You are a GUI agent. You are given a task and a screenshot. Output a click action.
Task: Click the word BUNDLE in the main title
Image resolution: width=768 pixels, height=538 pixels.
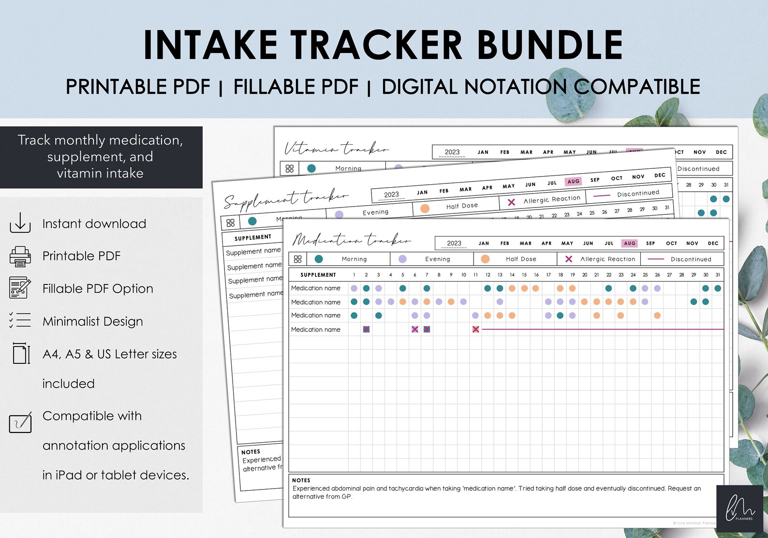(550, 45)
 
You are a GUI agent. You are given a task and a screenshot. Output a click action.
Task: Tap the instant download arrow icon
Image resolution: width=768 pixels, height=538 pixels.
(20, 223)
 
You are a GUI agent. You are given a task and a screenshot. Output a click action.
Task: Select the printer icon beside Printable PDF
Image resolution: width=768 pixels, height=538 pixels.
(20, 256)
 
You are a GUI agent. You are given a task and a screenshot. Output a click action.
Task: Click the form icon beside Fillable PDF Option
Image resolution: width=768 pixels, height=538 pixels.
(20, 288)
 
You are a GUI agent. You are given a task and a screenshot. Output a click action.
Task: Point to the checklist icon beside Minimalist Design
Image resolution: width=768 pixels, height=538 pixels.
(20, 320)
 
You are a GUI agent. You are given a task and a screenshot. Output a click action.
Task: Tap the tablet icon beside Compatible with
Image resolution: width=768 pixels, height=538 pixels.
(20, 422)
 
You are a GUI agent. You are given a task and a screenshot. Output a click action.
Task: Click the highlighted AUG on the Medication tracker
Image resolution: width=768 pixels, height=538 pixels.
(629, 243)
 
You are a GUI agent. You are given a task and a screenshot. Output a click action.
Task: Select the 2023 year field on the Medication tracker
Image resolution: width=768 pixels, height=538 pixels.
(454, 243)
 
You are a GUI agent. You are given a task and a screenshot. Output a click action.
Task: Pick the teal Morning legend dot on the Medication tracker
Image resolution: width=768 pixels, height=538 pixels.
(319, 259)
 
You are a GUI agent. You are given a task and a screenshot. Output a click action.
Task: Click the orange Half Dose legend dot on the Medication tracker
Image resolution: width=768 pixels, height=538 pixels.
(485, 259)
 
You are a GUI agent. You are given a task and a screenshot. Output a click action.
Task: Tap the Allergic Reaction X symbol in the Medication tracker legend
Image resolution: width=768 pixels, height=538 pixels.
(569, 259)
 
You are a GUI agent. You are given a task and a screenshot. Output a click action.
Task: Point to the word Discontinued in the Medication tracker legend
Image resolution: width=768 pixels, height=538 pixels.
(691, 259)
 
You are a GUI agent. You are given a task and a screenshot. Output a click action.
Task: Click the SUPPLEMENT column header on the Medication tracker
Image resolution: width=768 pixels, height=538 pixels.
(318, 275)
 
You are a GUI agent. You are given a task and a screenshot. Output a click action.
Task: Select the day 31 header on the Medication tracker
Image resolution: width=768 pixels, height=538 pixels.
(718, 275)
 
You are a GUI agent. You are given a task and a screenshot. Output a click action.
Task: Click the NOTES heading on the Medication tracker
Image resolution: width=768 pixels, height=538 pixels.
(301, 480)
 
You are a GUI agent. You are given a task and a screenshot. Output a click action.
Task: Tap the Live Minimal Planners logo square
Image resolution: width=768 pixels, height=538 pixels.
(739, 508)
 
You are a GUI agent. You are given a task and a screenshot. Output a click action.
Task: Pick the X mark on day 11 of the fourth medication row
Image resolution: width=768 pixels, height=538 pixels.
(476, 329)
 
